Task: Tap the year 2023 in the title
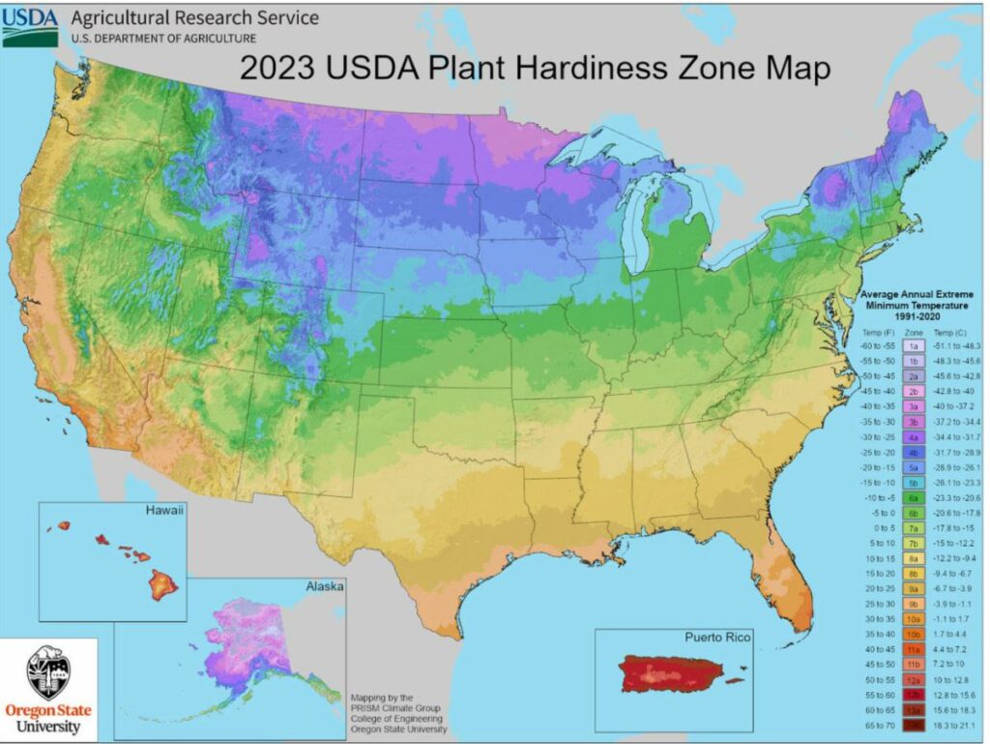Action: (x=279, y=71)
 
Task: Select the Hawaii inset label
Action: (x=163, y=510)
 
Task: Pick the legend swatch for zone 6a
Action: (x=912, y=496)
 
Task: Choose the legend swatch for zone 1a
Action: (x=912, y=343)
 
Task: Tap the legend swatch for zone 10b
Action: (x=912, y=634)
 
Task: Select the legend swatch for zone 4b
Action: (x=912, y=451)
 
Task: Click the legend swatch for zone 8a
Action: (x=912, y=557)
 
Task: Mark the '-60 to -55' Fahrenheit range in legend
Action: (x=877, y=343)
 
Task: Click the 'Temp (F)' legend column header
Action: (x=877, y=330)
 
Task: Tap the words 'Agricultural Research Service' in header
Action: (x=194, y=18)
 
